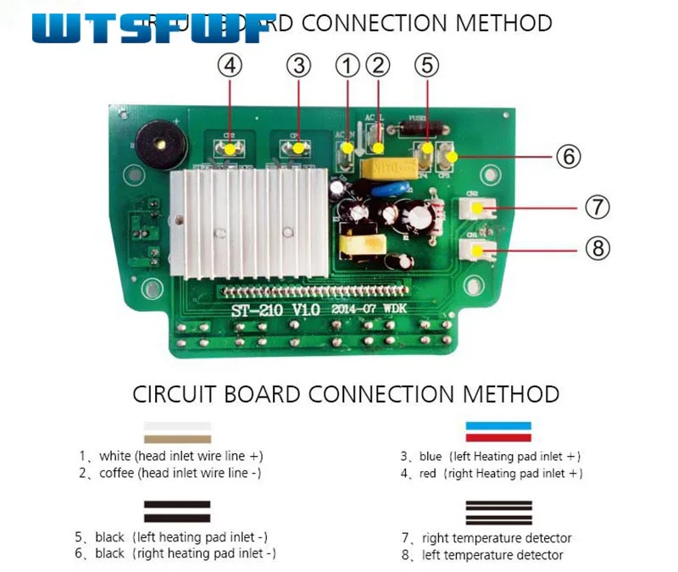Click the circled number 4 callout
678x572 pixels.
point(230,64)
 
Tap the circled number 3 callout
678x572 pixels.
point(297,64)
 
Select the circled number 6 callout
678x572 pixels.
point(569,157)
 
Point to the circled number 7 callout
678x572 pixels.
point(597,207)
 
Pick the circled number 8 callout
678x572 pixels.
point(597,248)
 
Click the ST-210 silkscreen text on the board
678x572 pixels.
point(258,310)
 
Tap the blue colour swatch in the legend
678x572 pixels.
point(498,425)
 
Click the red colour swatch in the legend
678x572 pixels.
point(498,437)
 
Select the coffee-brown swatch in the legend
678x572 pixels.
point(177,438)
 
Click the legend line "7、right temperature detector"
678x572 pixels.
point(486,538)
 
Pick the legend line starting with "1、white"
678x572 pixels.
point(171,456)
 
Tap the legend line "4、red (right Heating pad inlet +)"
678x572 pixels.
point(491,474)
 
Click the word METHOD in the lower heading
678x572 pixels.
point(511,394)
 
